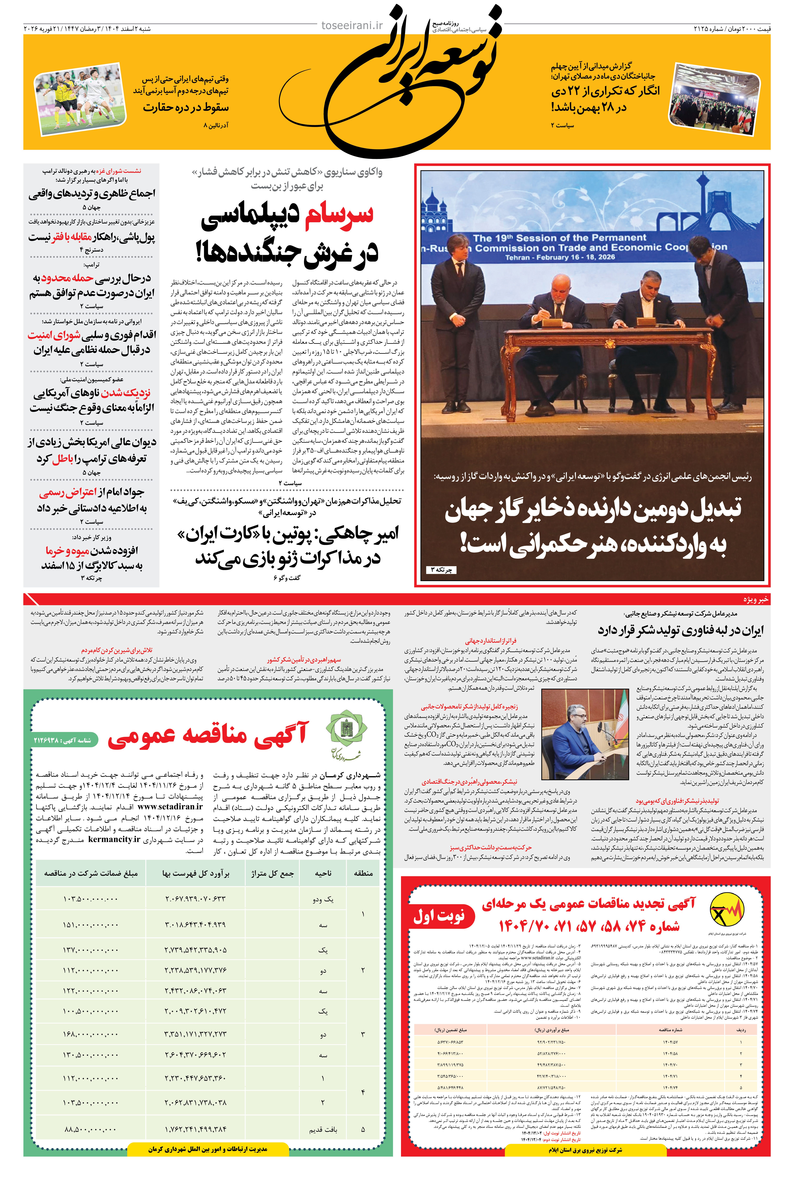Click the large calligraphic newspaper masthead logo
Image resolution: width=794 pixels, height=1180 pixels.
(400, 81)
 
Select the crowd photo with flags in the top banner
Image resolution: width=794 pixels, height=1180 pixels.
(715, 98)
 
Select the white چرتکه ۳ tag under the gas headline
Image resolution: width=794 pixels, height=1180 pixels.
(441, 570)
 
